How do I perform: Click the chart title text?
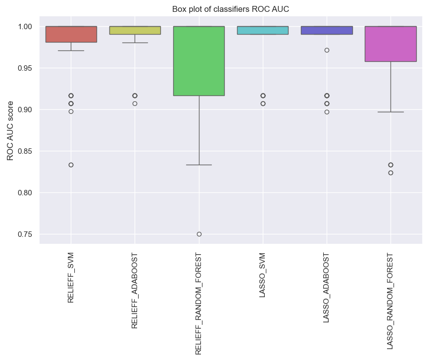point(230,9)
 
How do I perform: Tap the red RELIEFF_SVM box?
point(71,34)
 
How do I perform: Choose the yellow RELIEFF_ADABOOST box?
point(135,30)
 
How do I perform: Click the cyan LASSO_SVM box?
point(263,30)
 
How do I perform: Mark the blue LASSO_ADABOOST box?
point(327,30)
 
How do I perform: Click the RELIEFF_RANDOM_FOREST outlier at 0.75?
point(199,234)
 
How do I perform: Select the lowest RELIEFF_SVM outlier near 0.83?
point(71,165)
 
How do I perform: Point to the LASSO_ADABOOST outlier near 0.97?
point(327,50)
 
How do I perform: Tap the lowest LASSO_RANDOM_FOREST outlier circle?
point(390,173)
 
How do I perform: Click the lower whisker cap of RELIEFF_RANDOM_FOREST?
point(199,165)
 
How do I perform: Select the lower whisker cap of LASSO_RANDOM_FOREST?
point(390,112)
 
